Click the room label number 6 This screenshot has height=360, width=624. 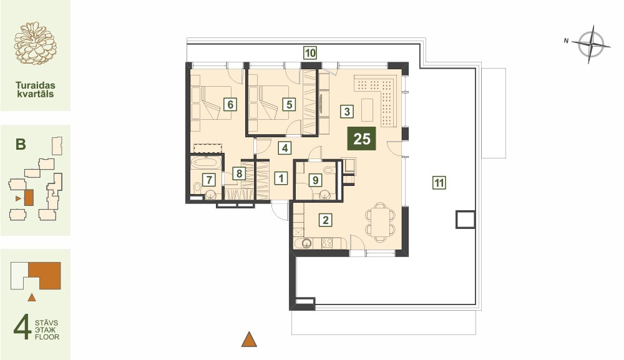tap(230, 104)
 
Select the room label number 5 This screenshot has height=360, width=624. tap(289, 104)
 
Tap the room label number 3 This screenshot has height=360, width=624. tap(347, 112)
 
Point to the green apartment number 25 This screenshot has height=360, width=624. tap(362, 139)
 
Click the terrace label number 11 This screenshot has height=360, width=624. tap(439, 183)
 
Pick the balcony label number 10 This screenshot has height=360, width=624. tap(310, 52)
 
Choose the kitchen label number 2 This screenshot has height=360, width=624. tap(326, 220)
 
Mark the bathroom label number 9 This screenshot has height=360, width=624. tap(316, 180)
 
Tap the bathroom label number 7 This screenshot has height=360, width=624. tap(209, 180)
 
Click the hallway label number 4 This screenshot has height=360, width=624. tap(285, 148)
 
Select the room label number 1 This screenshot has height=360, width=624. tap(281, 178)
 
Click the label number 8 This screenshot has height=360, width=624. tap(239, 173)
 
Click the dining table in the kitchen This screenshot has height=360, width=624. tap(381, 221)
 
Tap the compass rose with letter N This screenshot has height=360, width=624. tap(592, 44)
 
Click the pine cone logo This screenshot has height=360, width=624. tap(35, 43)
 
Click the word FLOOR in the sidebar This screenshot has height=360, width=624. tap(47, 337)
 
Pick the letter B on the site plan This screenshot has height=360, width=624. tap(21, 144)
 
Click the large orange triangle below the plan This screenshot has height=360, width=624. tap(249, 339)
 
